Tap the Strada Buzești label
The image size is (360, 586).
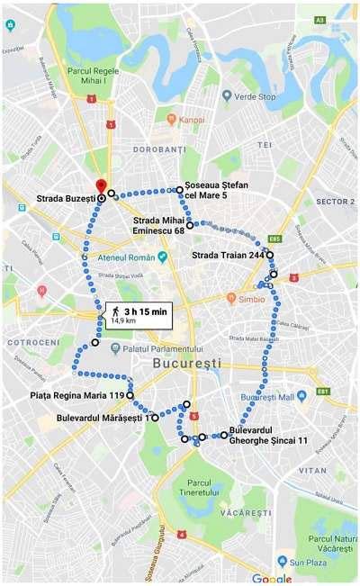66,198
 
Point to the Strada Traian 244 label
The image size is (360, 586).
228,256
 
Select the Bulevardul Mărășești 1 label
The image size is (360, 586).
103,418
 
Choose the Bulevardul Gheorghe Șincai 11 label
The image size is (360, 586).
268,436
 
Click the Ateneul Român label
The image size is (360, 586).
125,257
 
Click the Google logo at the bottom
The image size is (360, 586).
271,579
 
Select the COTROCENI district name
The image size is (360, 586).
34,344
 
